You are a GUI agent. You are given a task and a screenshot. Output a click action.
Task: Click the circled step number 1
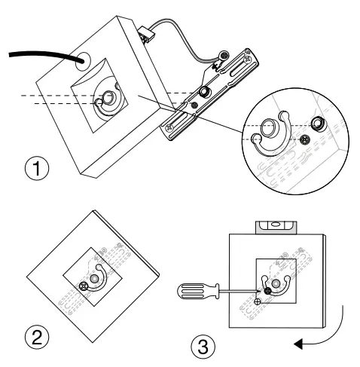click(37, 168)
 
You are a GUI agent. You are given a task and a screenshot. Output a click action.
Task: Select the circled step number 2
click(37, 338)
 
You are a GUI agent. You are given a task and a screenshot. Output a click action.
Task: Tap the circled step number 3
click(203, 347)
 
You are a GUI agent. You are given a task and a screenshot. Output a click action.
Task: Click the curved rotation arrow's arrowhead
click(298, 344)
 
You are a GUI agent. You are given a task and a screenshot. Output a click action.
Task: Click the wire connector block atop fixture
click(145, 34)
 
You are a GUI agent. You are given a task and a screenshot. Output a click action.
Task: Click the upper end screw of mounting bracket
click(249, 59)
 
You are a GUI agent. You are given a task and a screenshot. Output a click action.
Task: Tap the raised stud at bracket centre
click(203, 91)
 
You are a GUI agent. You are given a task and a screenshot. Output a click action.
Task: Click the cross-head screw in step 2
click(83, 286)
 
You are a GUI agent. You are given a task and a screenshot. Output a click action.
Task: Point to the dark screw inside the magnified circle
click(305, 139)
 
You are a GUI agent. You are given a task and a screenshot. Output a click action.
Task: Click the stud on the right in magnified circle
click(318, 124)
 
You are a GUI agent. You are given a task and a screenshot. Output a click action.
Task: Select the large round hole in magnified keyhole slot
click(268, 127)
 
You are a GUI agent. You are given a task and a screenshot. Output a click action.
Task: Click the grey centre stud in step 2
click(94, 278)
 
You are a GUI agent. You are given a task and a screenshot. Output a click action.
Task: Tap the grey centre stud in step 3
click(275, 283)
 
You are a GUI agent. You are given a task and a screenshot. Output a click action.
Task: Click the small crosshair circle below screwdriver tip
click(258, 301)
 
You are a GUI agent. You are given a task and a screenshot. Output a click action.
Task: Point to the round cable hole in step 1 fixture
click(83, 61)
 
